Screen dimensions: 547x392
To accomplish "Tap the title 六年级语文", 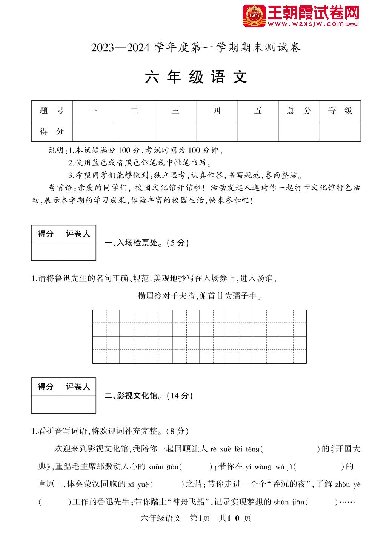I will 196,77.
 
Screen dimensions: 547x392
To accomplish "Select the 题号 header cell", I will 52,111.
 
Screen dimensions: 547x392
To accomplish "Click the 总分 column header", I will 299,111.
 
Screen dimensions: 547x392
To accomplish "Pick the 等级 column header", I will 340,111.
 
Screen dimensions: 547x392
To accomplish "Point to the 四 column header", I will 217,111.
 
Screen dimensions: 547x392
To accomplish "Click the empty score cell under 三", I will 175,131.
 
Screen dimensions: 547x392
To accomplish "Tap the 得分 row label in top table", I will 52,131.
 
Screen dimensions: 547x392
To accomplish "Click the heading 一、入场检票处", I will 146,243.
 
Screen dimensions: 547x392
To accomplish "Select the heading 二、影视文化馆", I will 148,396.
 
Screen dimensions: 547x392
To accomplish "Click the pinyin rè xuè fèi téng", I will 235,449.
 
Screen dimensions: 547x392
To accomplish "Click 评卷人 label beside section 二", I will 78,387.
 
